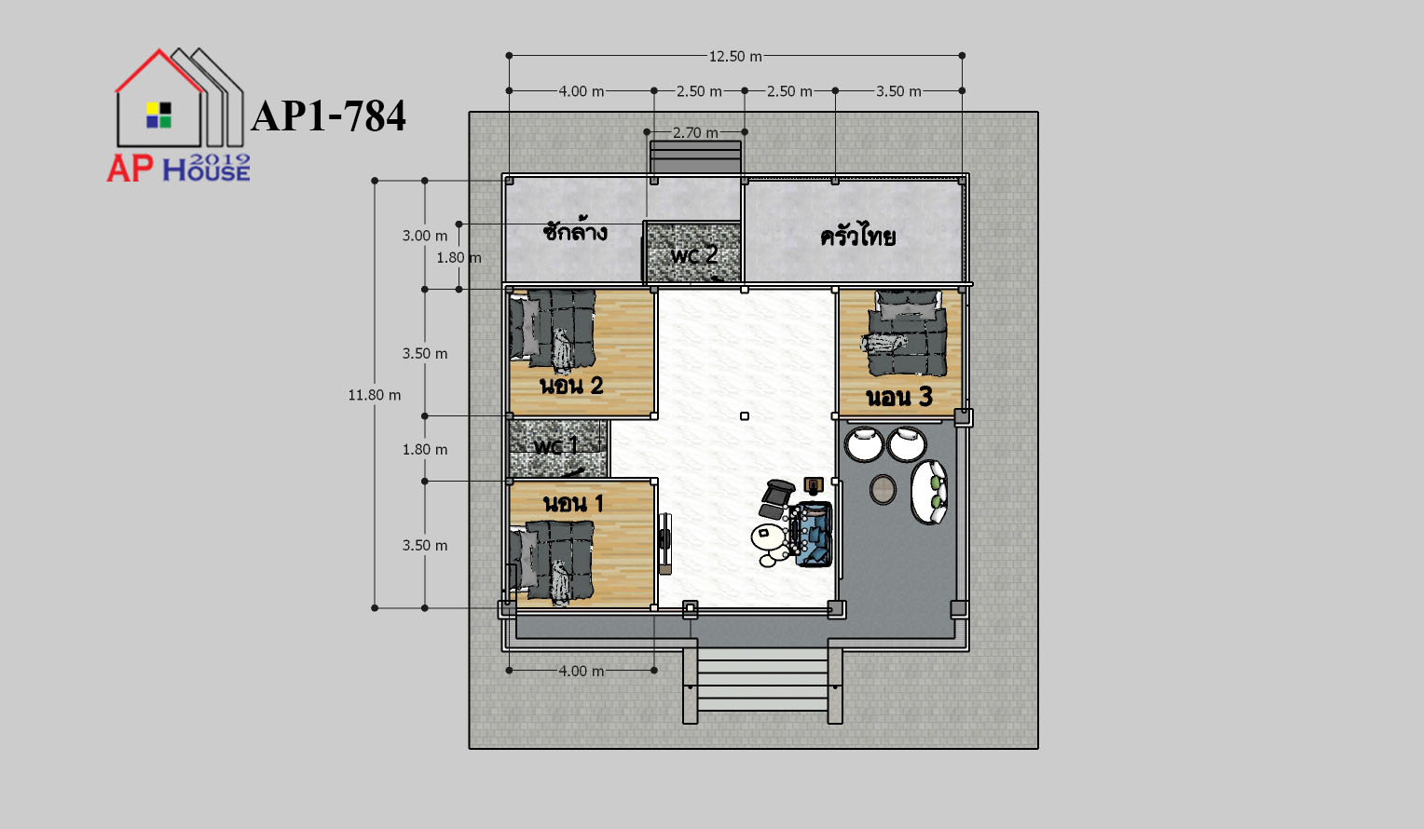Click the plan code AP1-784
328,116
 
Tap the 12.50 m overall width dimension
735,57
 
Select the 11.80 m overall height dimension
375,395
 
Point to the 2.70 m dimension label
695,133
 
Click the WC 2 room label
694,254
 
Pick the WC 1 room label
555,445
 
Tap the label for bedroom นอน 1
573,503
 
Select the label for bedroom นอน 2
571,385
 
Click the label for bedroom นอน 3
899,397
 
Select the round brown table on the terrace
883,490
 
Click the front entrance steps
762,681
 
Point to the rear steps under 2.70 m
695,156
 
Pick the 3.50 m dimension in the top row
898,91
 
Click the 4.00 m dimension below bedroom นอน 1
581,671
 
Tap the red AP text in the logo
130,169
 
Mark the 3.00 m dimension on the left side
425,236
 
